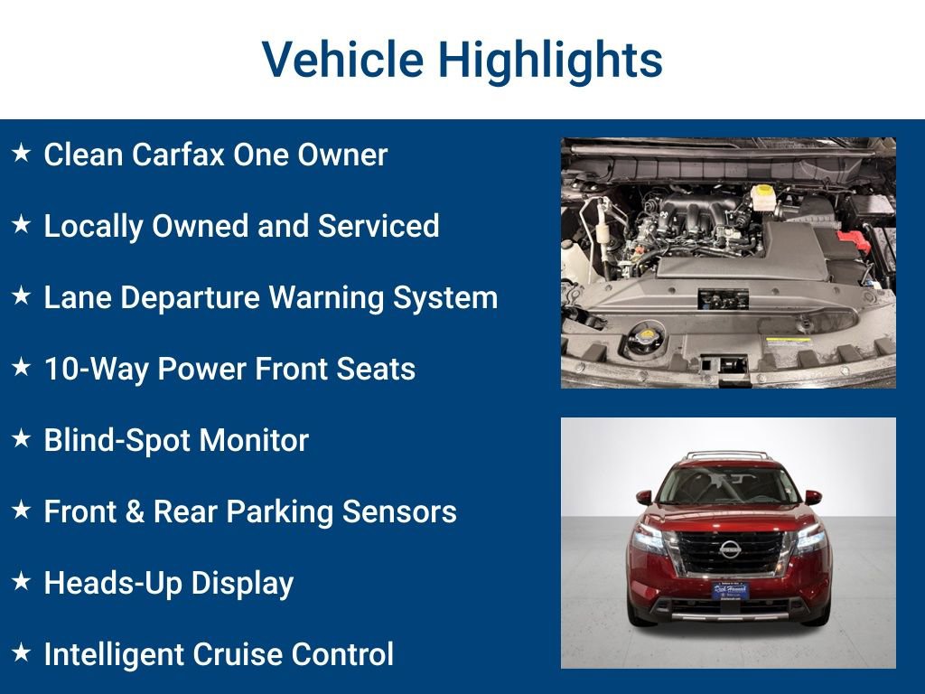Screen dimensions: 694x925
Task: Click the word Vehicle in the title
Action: tap(342, 60)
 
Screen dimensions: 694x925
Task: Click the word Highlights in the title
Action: tap(551, 60)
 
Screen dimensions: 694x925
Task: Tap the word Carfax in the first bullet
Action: tap(177, 155)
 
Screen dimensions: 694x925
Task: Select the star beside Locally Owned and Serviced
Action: tap(21, 225)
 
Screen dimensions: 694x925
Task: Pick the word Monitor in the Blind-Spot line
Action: tap(254, 440)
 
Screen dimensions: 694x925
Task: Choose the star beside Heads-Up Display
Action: tap(21, 583)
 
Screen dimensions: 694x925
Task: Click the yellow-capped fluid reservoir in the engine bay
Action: tap(763, 197)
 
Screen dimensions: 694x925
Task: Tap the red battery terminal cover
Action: tap(852, 241)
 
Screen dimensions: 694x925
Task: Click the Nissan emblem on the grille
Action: tap(729, 549)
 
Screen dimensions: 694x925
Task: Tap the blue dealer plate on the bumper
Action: tap(728, 591)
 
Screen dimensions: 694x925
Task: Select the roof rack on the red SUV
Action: tap(727, 455)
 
